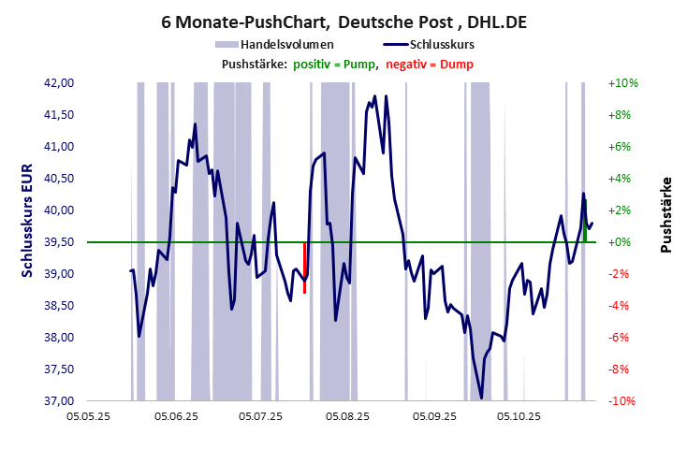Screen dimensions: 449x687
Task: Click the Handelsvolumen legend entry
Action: pos(286,44)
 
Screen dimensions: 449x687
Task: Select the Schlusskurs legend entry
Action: pos(443,44)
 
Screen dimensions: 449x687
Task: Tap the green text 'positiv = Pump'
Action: pos(334,64)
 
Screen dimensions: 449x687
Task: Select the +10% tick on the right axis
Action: pos(622,83)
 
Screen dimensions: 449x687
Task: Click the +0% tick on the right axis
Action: pos(622,242)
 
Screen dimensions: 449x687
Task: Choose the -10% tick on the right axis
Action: pos(622,401)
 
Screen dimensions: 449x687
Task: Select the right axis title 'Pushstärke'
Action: pos(666,214)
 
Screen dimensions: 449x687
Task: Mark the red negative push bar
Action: pos(305,268)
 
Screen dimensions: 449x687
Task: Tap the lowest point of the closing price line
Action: pos(481,398)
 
